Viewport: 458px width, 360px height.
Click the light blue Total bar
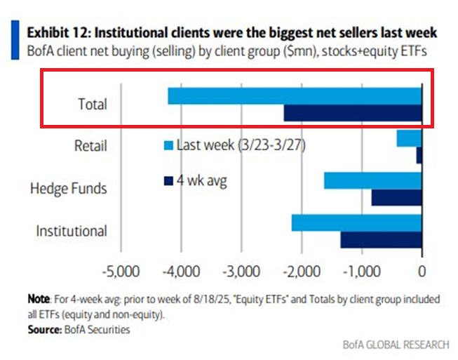[x=295, y=95]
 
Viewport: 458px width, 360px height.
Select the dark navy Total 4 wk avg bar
[x=352, y=112]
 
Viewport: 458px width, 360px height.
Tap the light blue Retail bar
[x=409, y=138]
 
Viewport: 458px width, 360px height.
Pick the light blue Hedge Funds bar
[x=372, y=180]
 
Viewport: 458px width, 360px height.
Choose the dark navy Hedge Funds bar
[x=396, y=197]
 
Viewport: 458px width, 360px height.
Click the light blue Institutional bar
[x=356, y=222]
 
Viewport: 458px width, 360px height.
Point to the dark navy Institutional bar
[x=381, y=239]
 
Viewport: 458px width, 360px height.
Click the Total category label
[x=93, y=105]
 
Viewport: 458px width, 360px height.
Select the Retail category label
[x=90, y=146]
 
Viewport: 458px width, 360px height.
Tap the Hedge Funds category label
[x=69, y=188]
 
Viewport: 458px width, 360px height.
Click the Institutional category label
[x=72, y=230]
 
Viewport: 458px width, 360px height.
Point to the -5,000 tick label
[x=121, y=271]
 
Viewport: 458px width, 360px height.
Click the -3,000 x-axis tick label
[x=241, y=271]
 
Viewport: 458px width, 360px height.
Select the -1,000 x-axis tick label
[x=361, y=271]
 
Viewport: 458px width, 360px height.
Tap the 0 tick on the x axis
[x=422, y=271]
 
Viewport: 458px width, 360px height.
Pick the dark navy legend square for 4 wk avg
[x=168, y=180]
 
